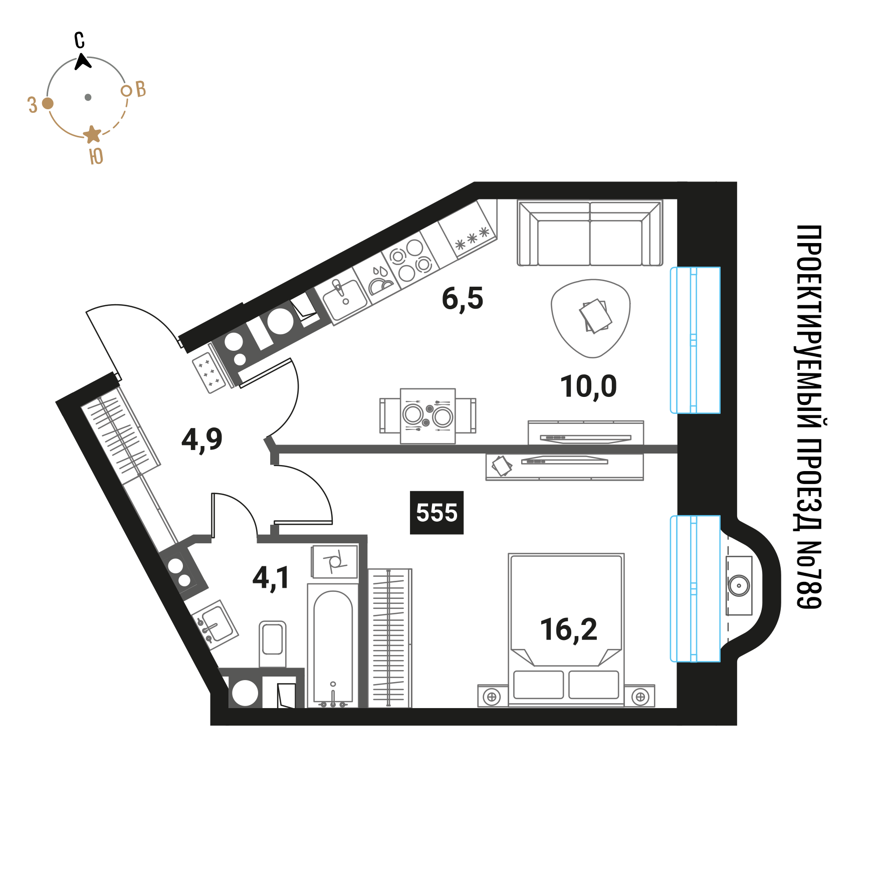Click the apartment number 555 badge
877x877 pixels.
436,513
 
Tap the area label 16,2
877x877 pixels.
569,630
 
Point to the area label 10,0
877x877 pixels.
588,387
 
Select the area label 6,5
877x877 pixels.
463,299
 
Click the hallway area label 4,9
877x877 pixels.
202,440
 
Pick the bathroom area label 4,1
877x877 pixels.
271,578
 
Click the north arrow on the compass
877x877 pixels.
83,62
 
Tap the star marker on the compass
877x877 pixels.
92,134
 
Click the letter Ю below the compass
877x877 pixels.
96,156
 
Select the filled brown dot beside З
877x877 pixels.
48,103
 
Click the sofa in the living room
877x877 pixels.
590,233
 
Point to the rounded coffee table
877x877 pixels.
591,318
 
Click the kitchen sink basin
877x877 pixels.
345,299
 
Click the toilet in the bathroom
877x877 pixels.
273,643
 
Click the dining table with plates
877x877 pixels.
427,416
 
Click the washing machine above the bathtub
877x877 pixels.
335,562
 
